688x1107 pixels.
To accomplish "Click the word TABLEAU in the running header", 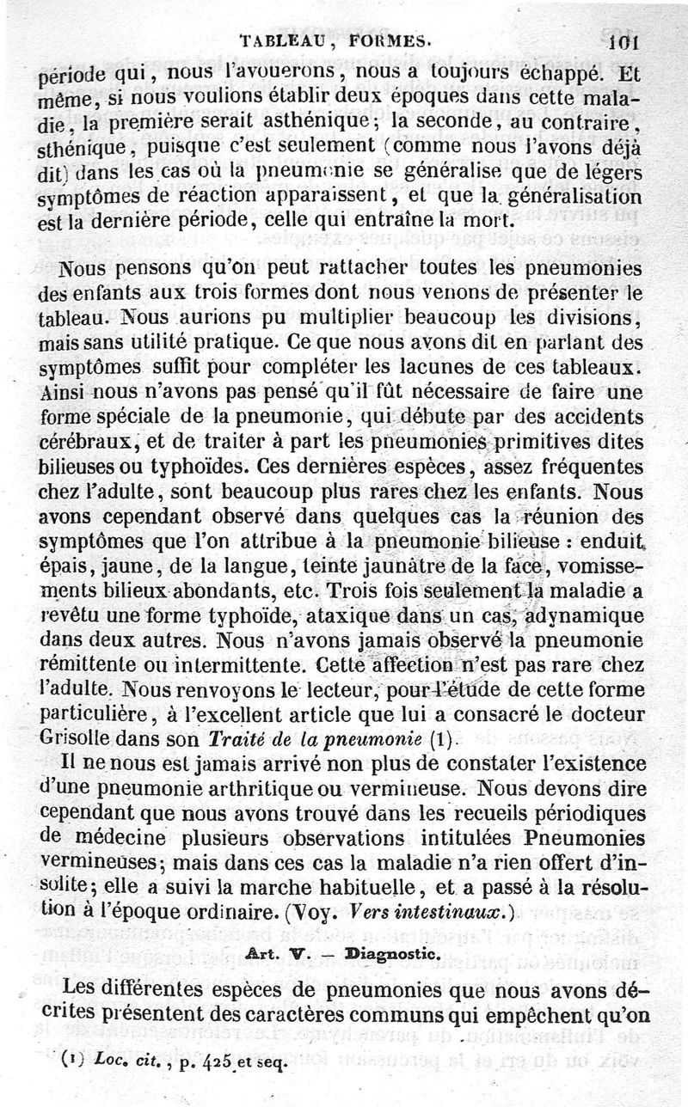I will click(x=278, y=39).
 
